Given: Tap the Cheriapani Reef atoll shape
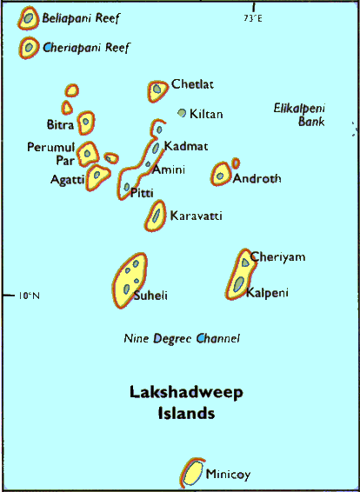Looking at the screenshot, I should pos(30,47).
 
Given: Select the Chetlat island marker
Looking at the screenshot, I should pos(157,89).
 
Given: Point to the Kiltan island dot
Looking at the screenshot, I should pos(182,113).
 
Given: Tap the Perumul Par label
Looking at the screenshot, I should pos(50,153).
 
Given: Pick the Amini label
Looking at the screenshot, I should pos(169,170).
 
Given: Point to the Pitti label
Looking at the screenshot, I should pos(142,193).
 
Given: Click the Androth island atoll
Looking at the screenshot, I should pos(221,175).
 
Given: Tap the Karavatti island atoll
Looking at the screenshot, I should pos(157,214).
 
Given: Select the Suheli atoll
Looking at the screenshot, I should pos(129,280).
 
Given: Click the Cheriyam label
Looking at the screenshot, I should pos(278,257).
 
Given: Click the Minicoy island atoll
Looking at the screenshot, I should pos(190,473).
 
